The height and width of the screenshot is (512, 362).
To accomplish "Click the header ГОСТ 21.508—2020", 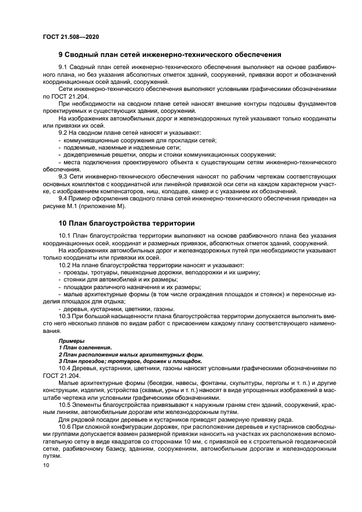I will click(x=71, y=37).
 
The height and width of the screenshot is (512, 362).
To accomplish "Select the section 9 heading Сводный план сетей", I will click(x=170, y=55).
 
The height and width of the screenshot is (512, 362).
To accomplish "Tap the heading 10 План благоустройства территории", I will click(x=127, y=223).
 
